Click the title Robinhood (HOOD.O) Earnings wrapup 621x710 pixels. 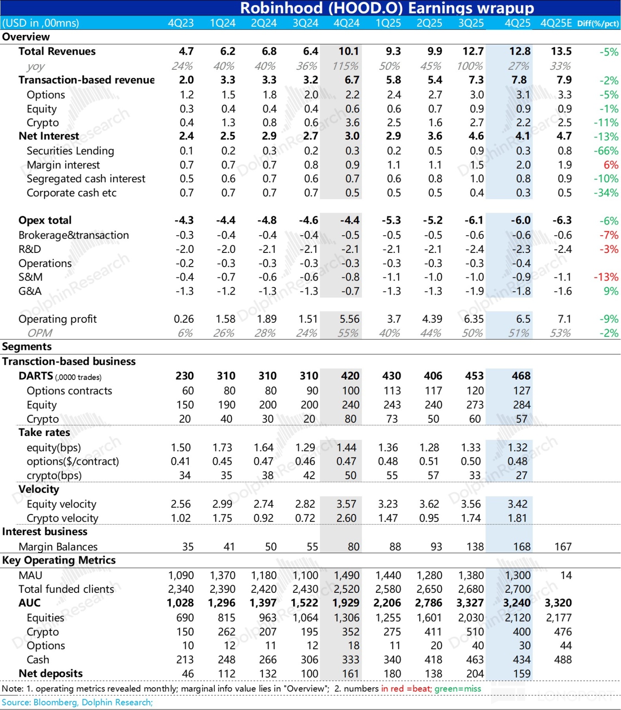pos(387,8)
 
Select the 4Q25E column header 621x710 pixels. pos(556,23)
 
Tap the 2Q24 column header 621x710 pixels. pos(263,23)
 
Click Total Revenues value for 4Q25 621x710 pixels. pos(520,52)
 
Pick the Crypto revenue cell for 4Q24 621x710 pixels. pos(352,123)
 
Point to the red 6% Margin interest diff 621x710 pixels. pos(611,165)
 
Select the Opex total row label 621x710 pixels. pos(45,221)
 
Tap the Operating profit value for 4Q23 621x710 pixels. pos(184,319)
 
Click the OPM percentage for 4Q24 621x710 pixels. pos(348,333)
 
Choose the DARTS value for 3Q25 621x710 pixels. pos(474,376)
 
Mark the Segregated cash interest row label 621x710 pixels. pos(86,179)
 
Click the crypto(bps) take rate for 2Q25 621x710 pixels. pos(433,476)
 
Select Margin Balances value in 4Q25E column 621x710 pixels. pos(563,547)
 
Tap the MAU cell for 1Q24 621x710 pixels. pos(222,576)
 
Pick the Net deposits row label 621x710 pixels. pos(50,673)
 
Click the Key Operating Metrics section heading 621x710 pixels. pos(59,560)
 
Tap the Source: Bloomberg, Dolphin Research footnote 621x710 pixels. pos(77,702)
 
